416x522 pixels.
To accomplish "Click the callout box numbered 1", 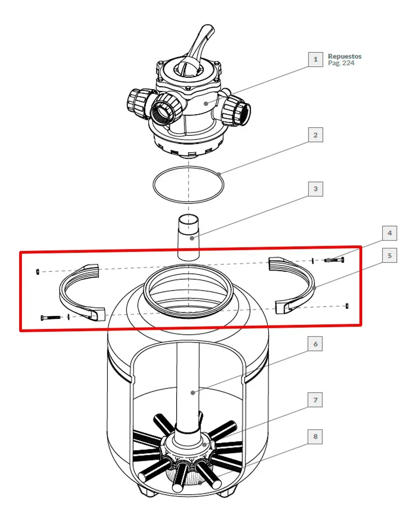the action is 316,60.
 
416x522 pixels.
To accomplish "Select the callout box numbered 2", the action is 316,135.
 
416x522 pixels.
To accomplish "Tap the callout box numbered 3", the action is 316,189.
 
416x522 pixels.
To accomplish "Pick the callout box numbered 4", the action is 390,233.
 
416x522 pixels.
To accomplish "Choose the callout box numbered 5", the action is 390,256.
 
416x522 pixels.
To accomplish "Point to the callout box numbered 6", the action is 316,344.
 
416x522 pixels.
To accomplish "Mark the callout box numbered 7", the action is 316,400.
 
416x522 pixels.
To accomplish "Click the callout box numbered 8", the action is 316,436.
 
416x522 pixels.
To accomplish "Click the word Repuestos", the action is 344,56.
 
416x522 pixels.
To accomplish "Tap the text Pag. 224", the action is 341,63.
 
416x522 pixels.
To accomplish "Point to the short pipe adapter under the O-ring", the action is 188,237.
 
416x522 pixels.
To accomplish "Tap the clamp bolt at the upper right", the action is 334,260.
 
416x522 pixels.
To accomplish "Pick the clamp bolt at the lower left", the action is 51,318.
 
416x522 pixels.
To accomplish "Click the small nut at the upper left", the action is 37,271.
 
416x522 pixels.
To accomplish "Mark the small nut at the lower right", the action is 347,306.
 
